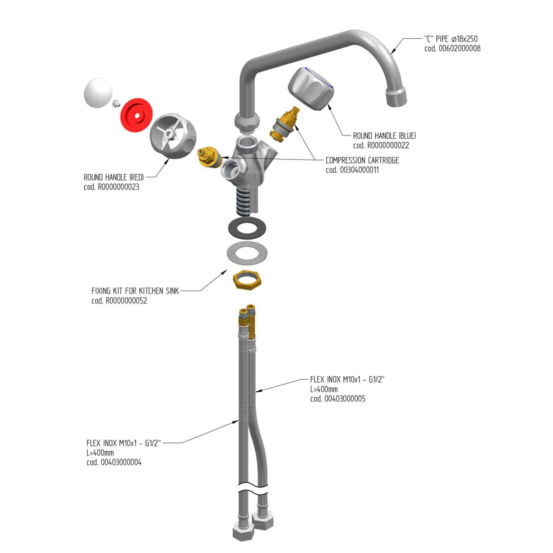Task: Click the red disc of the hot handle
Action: click(136, 115)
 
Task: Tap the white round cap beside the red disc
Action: click(98, 93)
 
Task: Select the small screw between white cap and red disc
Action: click(116, 103)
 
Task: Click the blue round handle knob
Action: click(311, 88)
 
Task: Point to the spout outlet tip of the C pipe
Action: click(396, 98)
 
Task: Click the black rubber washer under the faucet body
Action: click(247, 229)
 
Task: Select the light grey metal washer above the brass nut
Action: click(247, 253)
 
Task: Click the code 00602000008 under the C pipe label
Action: click(453, 48)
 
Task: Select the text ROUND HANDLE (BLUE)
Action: click(384, 135)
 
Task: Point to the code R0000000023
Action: click(112, 187)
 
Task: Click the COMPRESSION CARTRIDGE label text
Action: click(362, 160)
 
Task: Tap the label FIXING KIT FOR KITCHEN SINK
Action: click(135, 291)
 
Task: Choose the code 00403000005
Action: click(338, 399)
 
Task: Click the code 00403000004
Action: click(114, 462)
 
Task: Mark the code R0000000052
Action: click(119, 301)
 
